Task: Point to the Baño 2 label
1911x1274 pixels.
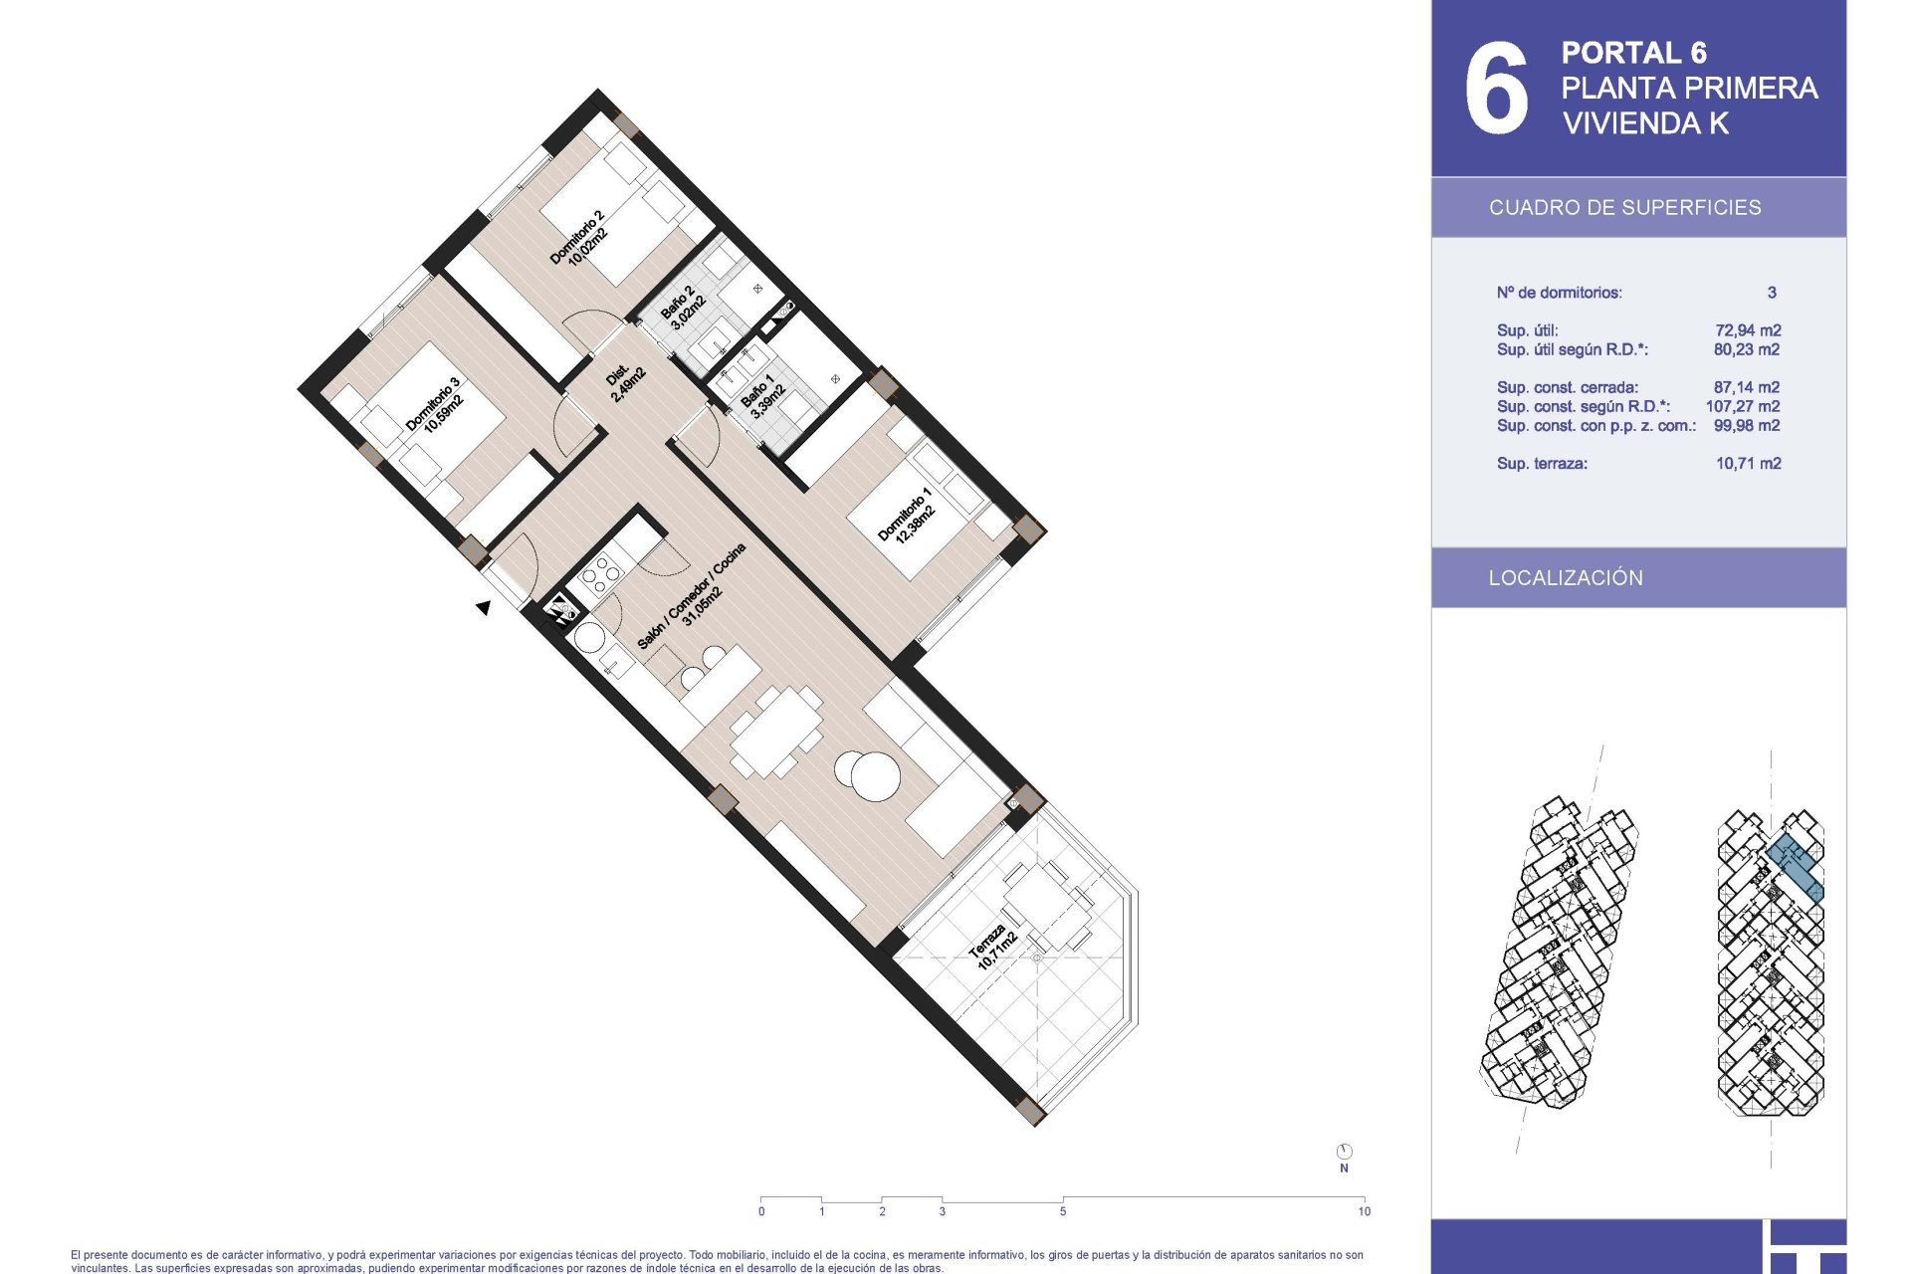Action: tap(683, 308)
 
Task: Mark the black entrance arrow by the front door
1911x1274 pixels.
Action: tap(484, 607)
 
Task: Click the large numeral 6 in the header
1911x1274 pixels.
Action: tap(1496, 88)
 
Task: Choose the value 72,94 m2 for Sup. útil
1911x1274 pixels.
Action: tap(1748, 330)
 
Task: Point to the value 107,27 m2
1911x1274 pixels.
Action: tap(1743, 406)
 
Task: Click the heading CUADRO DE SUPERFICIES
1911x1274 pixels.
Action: tap(1625, 208)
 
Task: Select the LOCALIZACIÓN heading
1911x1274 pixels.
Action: tap(1566, 578)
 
